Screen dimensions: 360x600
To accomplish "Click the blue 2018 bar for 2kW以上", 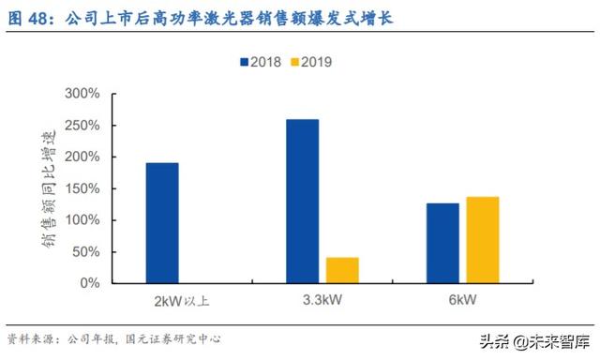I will click(162, 223).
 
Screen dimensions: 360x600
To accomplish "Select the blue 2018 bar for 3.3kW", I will click(302, 201).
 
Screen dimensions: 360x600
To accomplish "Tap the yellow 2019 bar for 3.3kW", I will click(342, 270).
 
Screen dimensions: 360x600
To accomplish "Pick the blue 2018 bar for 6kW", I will click(442, 243).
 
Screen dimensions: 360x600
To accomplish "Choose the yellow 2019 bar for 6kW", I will click(482, 240).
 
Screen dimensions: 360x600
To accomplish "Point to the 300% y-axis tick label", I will click(82, 95).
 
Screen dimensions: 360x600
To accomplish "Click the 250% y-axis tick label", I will click(82, 126).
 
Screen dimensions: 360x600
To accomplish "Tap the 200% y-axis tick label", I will click(82, 157).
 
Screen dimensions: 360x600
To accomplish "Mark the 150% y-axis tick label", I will click(82, 188).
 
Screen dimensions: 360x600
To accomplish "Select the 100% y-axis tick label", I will click(82, 220).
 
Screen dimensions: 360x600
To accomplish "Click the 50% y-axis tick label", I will click(86, 251).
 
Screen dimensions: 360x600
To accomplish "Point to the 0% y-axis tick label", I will click(90, 283).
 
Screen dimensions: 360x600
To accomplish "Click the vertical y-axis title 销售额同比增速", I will click(47, 188).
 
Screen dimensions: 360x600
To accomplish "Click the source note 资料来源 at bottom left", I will click(29, 338).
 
